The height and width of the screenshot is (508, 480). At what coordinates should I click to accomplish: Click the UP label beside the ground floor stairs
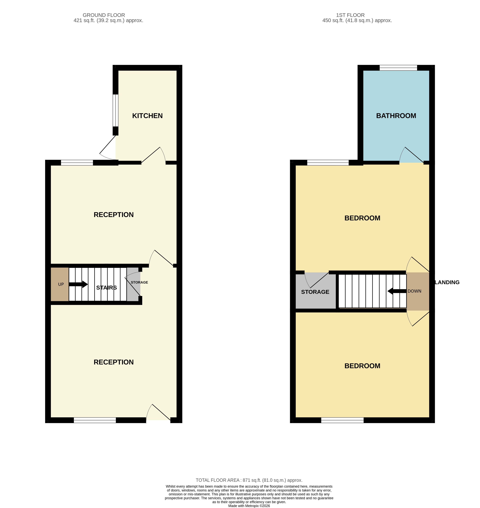click(61, 284)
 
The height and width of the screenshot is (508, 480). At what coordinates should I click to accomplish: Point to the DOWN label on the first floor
click(414, 291)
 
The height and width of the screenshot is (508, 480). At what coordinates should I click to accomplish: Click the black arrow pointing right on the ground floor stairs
click(78, 284)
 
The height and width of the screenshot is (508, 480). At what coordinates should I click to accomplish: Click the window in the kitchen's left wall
click(116, 110)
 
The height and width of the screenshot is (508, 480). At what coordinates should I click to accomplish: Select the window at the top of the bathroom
click(398, 68)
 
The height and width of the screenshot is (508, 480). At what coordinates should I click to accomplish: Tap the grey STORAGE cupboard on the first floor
click(315, 292)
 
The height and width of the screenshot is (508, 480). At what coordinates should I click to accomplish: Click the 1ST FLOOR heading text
click(350, 15)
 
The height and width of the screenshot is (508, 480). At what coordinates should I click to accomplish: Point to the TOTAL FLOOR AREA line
click(249, 480)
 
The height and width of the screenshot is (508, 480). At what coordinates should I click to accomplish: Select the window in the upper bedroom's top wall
click(328, 163)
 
